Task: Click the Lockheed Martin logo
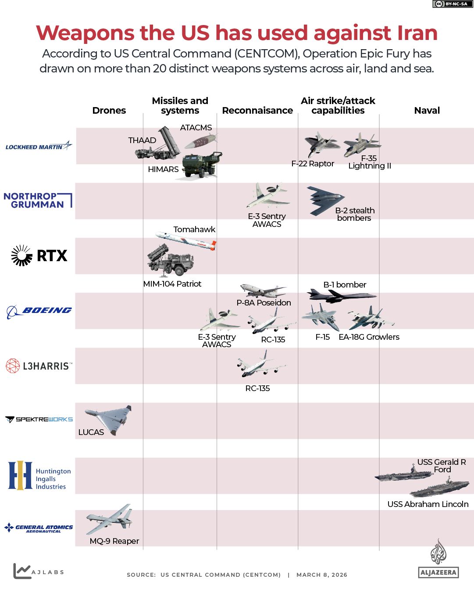pyautogui.click(x=39, y=146)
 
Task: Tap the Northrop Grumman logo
pyautogui.click(x=38, y=200)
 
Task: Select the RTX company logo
pyautogui.click(x=39, y=255)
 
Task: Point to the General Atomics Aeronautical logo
pyautogui.click(x=39, y=528)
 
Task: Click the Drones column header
pyautogui.click(x=109, y=111)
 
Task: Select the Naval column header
pyautogui.click(x=427, y=111)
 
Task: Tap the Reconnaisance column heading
pyautogui.click(x=257, y=111)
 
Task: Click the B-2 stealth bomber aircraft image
pyautogui.click(x=325, y=201)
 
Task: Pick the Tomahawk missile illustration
pyautogui.click(x=186, y=240)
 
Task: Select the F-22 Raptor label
pyautogui.click(x=313, y=164)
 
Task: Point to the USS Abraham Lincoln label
pyautogui.click(x=428, y=504)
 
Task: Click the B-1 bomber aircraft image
pyautogui.click(x=340, y=295)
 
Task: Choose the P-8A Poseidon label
pyautogui.click(x=264, y=303)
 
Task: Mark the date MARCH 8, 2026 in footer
pyautogui.click(x=321, y=575)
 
